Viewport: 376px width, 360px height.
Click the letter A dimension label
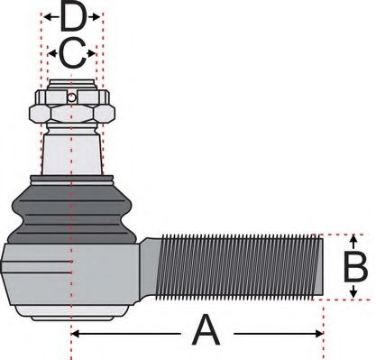coord(206,331)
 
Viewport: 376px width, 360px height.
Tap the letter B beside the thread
coord(355,268)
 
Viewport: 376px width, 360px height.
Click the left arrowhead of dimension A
coord(75,333)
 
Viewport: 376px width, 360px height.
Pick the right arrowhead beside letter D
coord(100,17)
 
